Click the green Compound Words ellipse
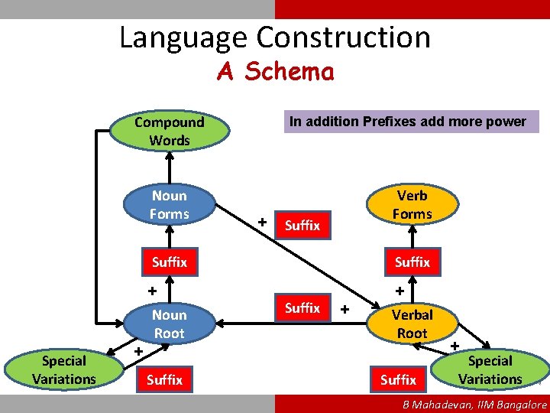(169, 131)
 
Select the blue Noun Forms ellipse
(169, 205)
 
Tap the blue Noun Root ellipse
(169, 324)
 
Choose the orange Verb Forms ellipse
(412, 204)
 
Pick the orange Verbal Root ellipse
(412, 324)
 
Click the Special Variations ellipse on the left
(64, 370)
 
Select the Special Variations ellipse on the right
(490, 370)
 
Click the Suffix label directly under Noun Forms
(169, 262)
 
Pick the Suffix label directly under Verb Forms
(412, 262)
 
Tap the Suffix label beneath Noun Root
(164, 379)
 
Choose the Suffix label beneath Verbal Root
(398, 379)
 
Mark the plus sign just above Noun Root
(151, 291)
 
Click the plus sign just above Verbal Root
(399, 291)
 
